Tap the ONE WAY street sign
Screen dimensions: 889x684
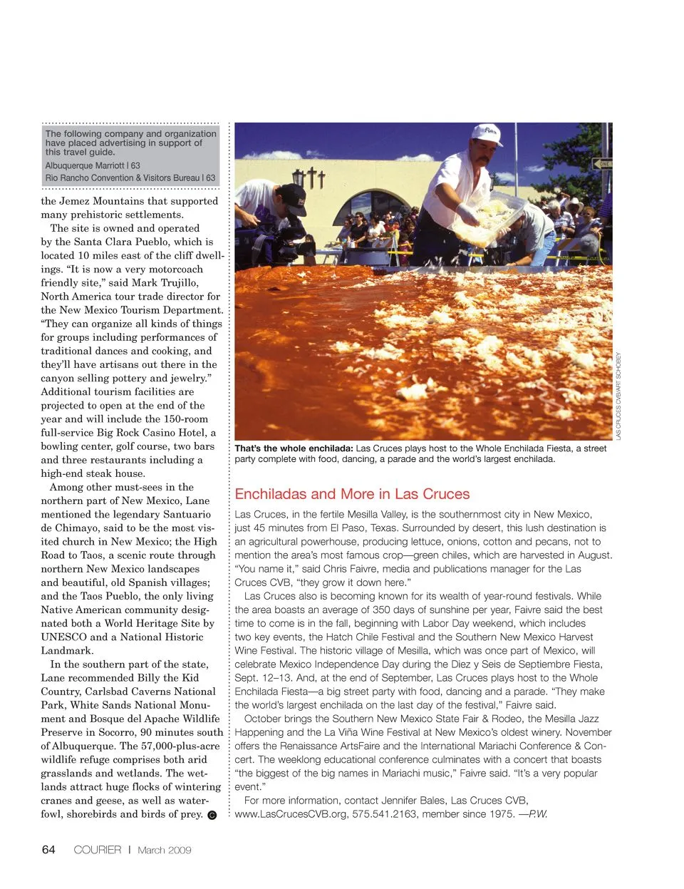tap(602, 164)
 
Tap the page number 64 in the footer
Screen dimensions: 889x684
tap(48, 849)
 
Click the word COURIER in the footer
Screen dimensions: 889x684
tap(98, 850)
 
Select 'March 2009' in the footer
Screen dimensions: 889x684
tap(165, 850)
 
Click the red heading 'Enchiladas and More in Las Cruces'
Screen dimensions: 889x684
tap(352, 494)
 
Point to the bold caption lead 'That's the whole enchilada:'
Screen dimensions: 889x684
tap(294, 448)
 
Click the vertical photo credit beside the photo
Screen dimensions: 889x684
tap(618, 396)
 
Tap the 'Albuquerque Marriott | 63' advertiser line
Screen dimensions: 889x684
tap(93, 165)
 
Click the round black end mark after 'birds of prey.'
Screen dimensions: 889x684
tap(212, 816)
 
